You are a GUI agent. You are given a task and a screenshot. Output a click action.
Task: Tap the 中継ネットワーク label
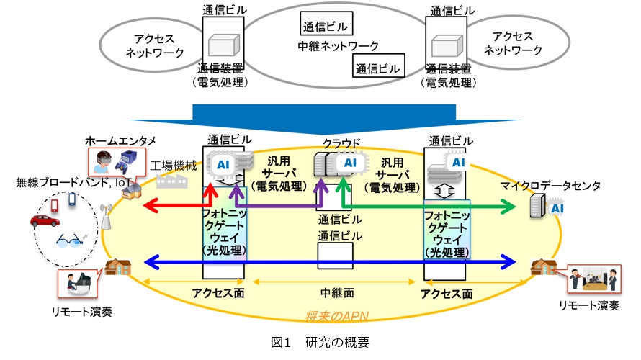338,47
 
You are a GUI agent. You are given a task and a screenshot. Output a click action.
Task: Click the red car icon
45,221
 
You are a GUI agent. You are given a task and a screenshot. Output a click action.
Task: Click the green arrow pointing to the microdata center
432,207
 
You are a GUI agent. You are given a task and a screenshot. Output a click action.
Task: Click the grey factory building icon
170,182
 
